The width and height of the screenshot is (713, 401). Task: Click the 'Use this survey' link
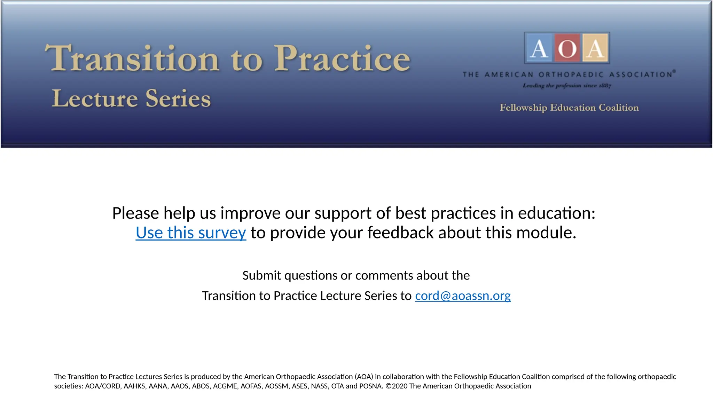click(x=191, y=233)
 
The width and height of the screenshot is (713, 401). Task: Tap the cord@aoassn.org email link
click(x=463, y=296)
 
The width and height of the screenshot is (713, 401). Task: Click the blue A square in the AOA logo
click(x=539, y=48)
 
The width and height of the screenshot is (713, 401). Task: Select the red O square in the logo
click(x=567, y=48)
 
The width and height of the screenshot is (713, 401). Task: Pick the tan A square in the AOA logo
click(x=595, y=48)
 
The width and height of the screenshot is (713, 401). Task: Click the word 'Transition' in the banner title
click(x=132, y=58)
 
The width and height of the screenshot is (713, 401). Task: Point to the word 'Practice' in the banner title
click(x=342, y=58)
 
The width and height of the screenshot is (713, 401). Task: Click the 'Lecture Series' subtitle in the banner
click(x=131, y=99)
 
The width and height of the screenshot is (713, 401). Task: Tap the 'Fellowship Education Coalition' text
click(x=569, y=108)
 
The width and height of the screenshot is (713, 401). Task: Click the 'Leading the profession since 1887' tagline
click(x=567, y=86)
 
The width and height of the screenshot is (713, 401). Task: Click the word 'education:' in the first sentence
click(x=557, y=213)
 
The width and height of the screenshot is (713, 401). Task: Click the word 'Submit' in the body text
click(x=261, y=275)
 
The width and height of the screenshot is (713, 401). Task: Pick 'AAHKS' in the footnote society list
click(x=134, y=386)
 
